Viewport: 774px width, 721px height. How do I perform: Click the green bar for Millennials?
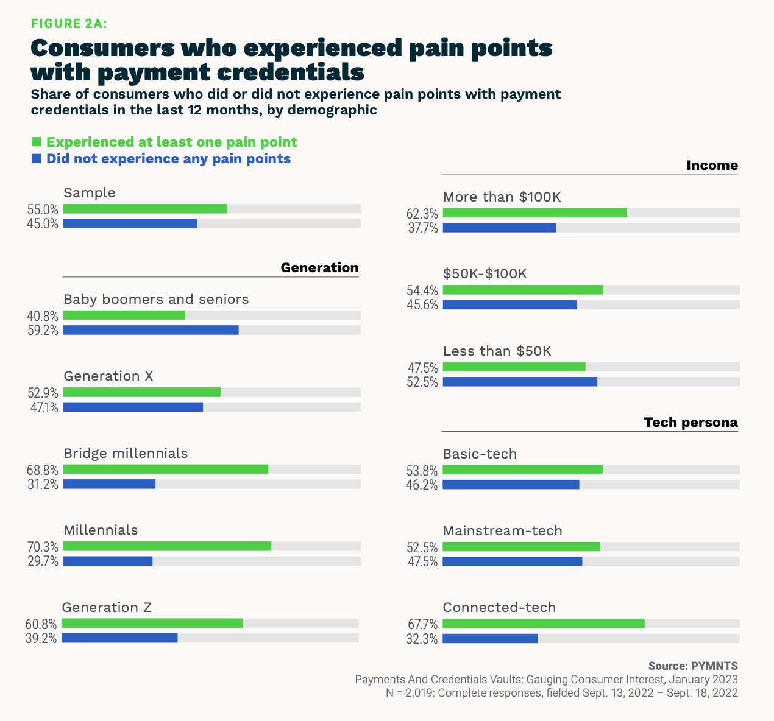click(167, 546)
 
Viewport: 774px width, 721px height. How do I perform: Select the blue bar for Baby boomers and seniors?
click(151, 330)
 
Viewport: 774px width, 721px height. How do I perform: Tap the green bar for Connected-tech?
click(543, 624)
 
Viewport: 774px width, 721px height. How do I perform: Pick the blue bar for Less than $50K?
click(520, 382)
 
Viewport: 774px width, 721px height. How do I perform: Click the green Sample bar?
click(144, 209)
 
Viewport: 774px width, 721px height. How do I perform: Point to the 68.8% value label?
click(43, 470)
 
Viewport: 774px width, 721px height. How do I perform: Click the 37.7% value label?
click(422, 228)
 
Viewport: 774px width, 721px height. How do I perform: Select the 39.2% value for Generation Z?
click(41, 639)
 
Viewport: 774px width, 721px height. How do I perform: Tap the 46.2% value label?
click(422, 485)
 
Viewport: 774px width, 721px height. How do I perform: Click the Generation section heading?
click(319, 268)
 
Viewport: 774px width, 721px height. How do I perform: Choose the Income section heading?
click(712, 166)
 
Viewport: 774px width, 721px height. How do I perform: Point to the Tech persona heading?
click(691, 423)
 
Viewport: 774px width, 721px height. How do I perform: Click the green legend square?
click(36, 142)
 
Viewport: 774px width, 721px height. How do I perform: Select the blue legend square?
click(36, 158)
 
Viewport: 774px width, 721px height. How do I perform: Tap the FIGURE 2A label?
click(69, 24)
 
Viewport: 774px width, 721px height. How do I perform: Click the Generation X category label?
click(108, 376)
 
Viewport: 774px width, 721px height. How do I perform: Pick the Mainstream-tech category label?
click(502, 530)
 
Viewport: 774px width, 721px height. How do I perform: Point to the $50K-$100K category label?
click(485, 274)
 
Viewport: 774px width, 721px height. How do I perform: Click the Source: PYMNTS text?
click(693, 666)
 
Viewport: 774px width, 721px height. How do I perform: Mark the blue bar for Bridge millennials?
click(109, 484)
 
